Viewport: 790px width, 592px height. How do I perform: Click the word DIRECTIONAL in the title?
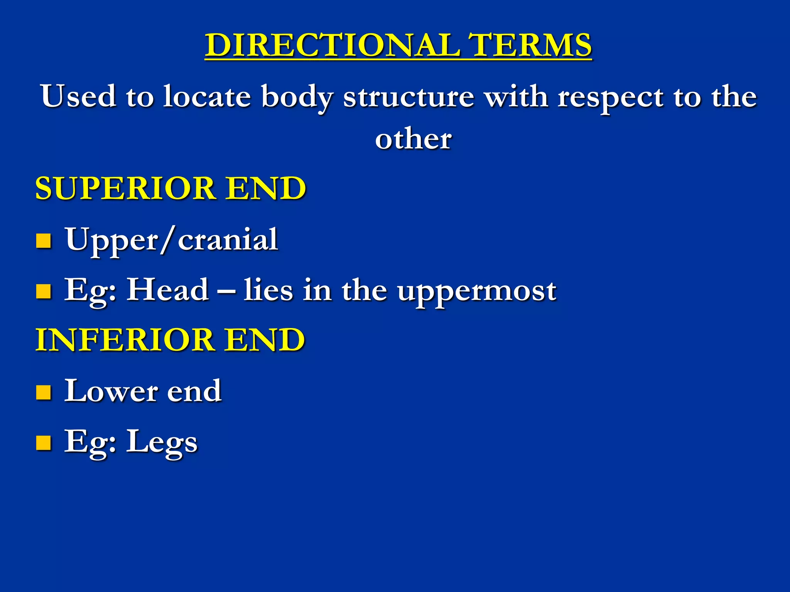point(332,45)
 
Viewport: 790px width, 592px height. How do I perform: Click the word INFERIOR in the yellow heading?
point(125,340)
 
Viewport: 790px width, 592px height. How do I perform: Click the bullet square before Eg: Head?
point(44,291)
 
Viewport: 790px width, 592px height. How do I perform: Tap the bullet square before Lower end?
point(44,392)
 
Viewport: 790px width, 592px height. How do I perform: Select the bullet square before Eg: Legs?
point(44,443)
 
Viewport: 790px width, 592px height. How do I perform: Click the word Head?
point(168,290)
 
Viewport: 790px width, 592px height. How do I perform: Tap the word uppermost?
point(477,291)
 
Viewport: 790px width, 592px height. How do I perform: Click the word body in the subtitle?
point(297,97)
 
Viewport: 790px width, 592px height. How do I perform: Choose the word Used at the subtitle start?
point(79,96)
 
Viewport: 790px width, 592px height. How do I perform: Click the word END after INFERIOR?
point(265,340)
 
